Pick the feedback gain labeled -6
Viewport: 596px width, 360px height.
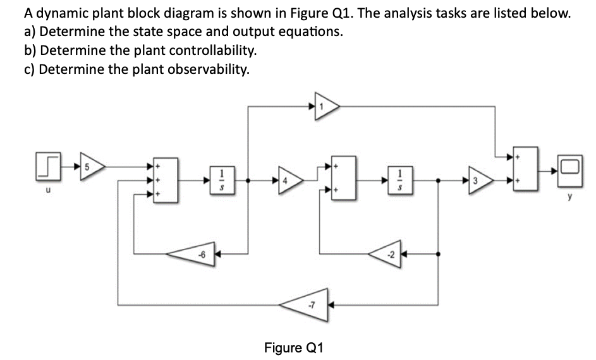point(197,255)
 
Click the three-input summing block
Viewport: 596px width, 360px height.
point(167,181)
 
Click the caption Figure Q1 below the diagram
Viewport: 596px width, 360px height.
point(293,347)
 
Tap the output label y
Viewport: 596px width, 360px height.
point(569,196)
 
